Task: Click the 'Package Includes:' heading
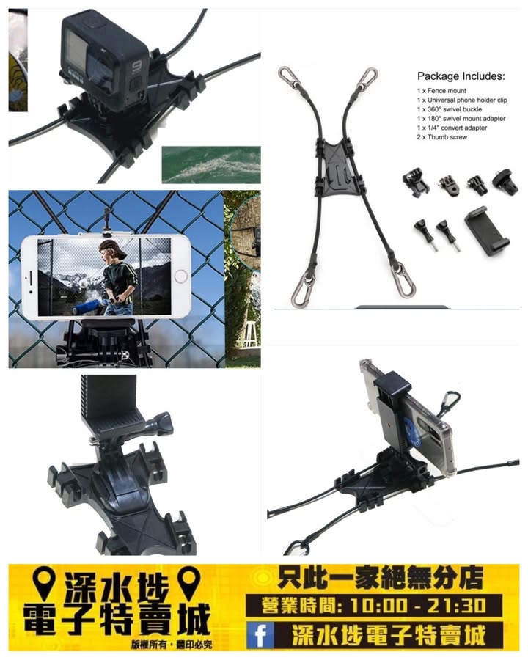click(461, 76)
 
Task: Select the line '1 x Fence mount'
click(441, 90)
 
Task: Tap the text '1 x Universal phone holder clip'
click(462, 100)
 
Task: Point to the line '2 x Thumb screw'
click(442, 137)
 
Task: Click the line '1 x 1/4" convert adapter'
click(452, 128)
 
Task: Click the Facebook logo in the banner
click(260, 635)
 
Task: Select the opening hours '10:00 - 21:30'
click(418, 606)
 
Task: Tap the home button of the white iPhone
click(180, 276)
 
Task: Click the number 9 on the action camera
click(136, 67)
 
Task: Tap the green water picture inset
click(211, 164)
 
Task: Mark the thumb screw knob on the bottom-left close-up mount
click(161, 423)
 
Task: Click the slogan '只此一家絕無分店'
click(380, 579)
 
